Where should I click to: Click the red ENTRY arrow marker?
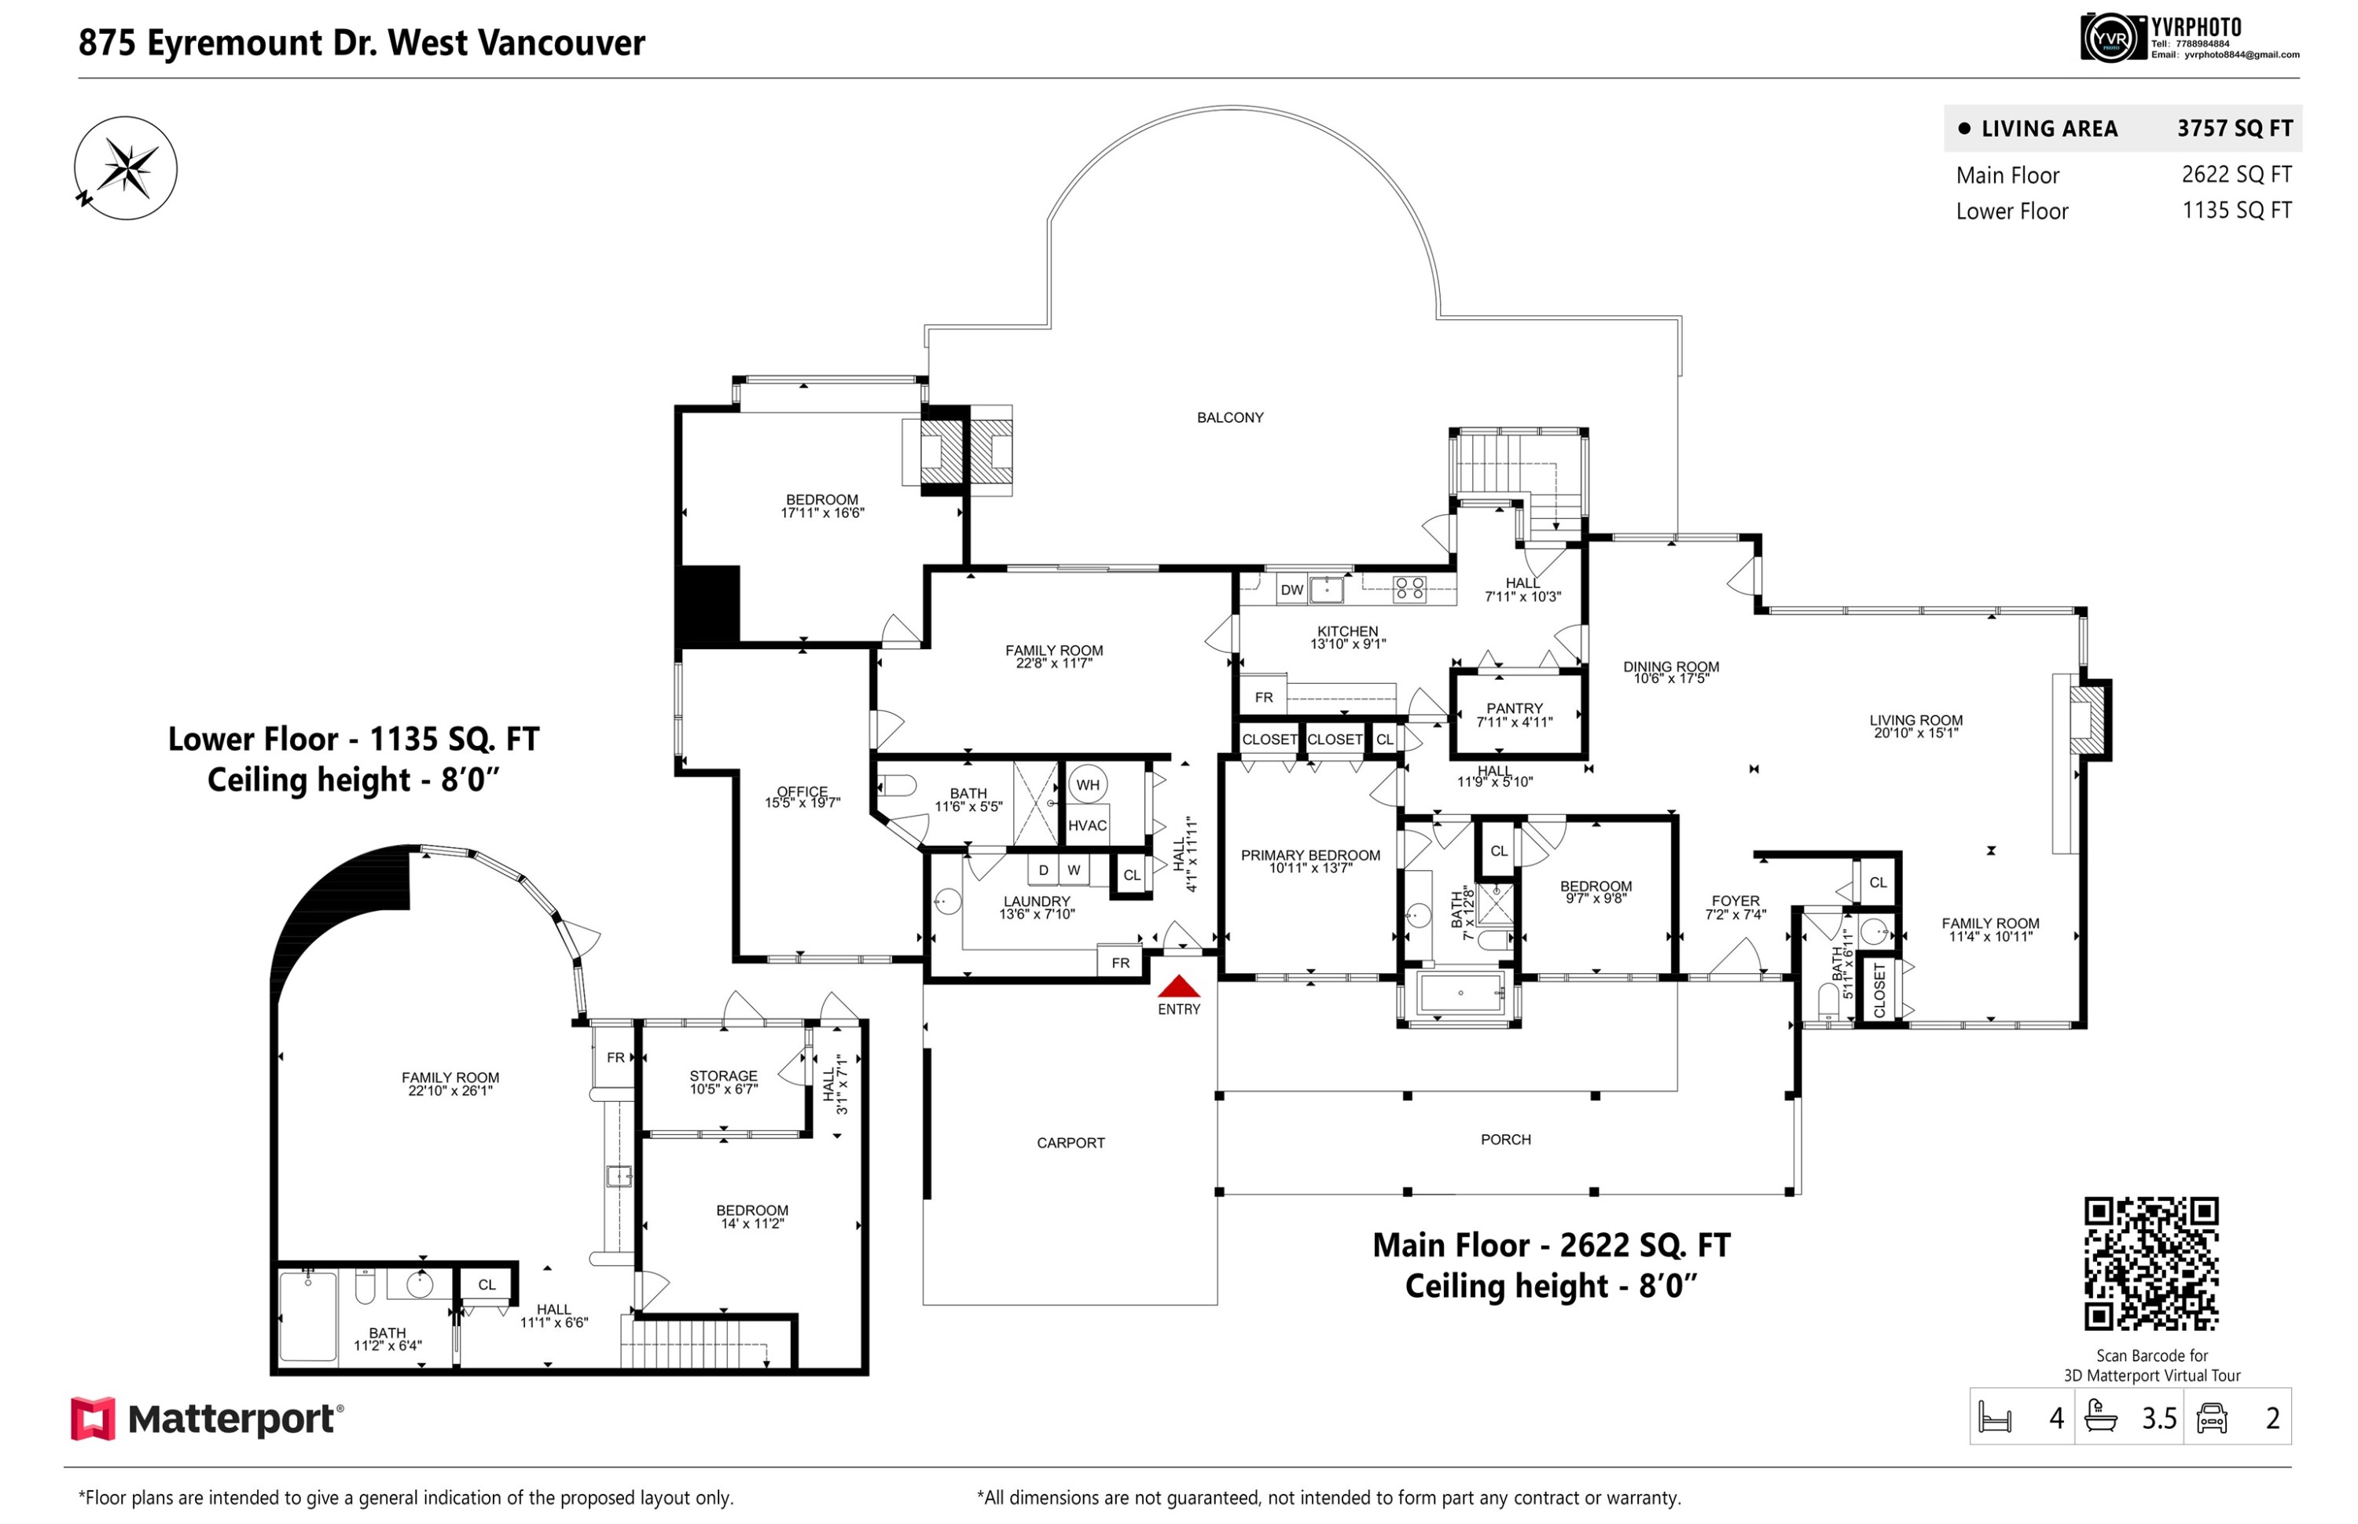click(x=1177, y=986)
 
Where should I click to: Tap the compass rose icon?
click(x=126, y=168)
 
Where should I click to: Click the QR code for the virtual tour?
click(x=2150, y=1264)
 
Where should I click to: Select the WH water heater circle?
click(x=1088, y=784)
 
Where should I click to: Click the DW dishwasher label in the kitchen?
click(x=1291, y=589)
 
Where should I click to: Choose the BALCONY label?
click(x=1229, y=417)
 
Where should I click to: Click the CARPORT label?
click(x=1070, y=1143)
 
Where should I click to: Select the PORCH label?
click(x=1505, y=1140)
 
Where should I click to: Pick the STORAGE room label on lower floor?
click(x=723, y=1076)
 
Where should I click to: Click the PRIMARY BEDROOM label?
click(x=1310, y=855)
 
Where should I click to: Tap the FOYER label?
click(x=1735, y=902)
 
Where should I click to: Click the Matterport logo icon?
click(x=93, y=1419)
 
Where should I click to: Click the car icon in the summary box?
click(x=2212, y=1418)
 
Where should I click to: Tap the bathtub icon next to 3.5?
click(x=2101, y=1417)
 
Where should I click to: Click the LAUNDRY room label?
click(x=1036, y=902)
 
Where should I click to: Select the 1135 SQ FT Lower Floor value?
click(x=2236, y=210)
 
